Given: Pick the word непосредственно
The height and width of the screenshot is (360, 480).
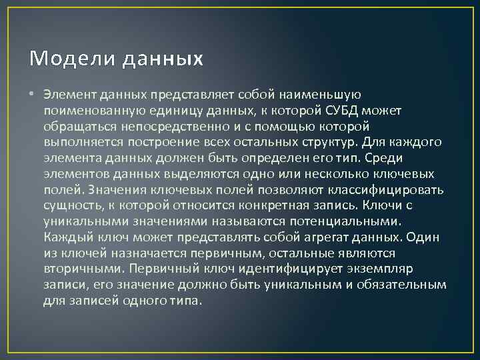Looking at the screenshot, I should click(159, 125).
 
